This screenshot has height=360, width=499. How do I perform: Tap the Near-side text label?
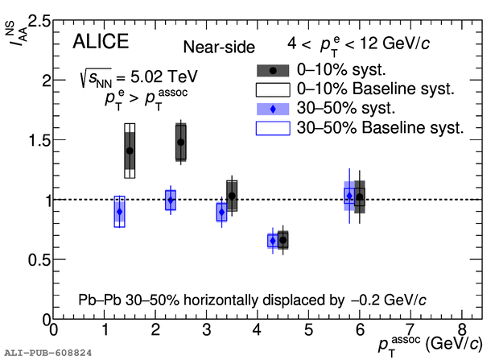(x=219, y=48)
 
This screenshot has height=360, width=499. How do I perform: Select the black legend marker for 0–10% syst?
(x=273, y=70)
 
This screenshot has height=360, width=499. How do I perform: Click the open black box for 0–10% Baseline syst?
(x=273, y=89)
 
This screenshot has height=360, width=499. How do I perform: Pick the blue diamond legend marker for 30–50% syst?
(x=273, y=108)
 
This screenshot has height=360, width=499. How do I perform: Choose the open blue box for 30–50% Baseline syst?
(x=273, y=126)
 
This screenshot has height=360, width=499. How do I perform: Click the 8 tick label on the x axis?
(x=461, y=330)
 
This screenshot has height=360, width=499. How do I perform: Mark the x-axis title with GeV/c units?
(x=430, y=344)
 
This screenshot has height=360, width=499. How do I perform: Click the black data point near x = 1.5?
(x=130, y=151)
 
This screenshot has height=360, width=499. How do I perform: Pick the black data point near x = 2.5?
(x=180, y=143)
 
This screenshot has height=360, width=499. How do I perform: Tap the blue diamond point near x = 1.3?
(x=119, y=212)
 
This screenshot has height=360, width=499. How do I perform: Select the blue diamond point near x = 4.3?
(x=273, y=241)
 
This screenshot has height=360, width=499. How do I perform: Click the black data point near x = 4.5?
(x=282, y=240)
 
